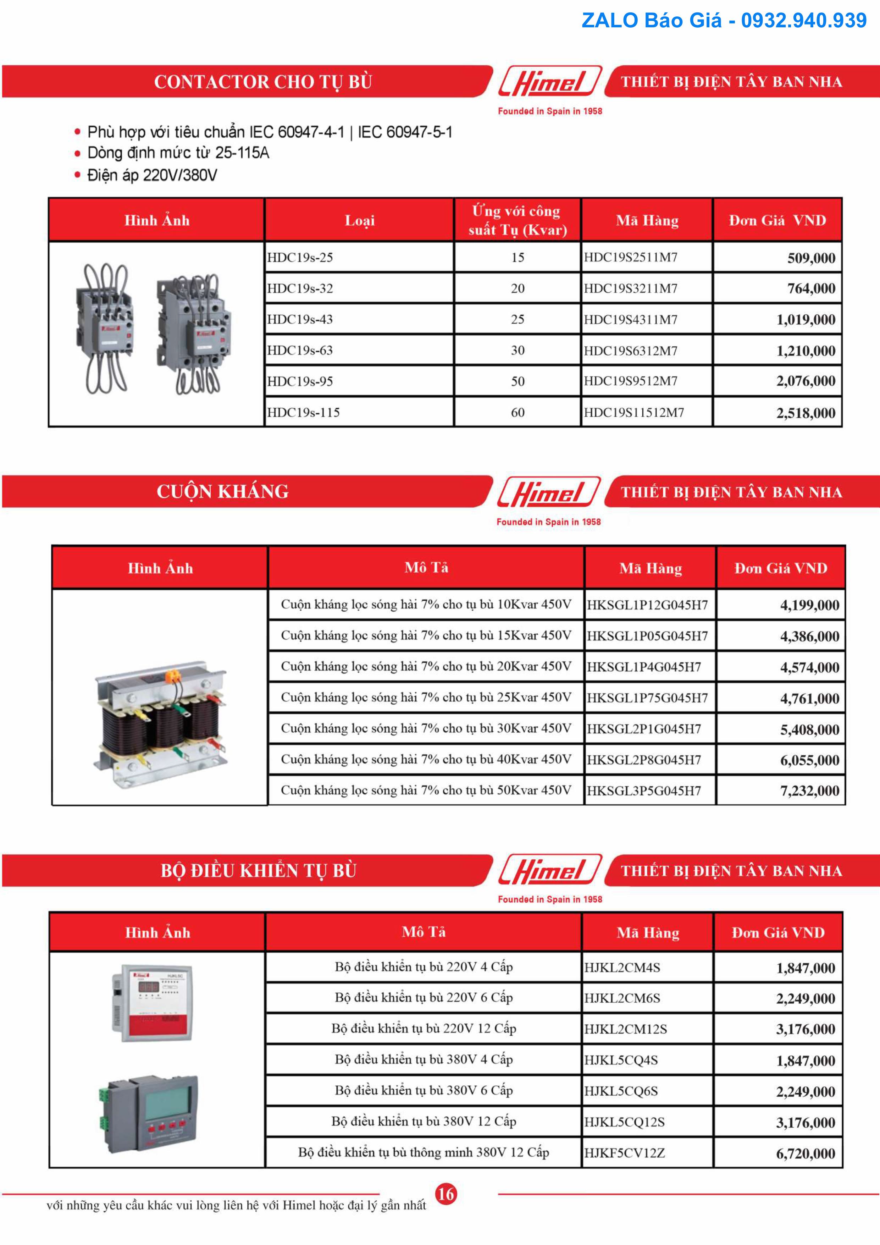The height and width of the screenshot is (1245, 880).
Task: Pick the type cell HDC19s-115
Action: click(304, 413)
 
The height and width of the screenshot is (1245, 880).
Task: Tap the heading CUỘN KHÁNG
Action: click(222, 492)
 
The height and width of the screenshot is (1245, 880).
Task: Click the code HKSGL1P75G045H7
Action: click(647, 698)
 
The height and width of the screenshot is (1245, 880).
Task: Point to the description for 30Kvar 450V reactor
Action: click(426, 729)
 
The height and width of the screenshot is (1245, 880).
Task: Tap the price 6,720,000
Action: click(805, 1153)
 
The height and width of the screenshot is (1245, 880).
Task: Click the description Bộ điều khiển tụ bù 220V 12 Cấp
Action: click(424, 1029)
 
